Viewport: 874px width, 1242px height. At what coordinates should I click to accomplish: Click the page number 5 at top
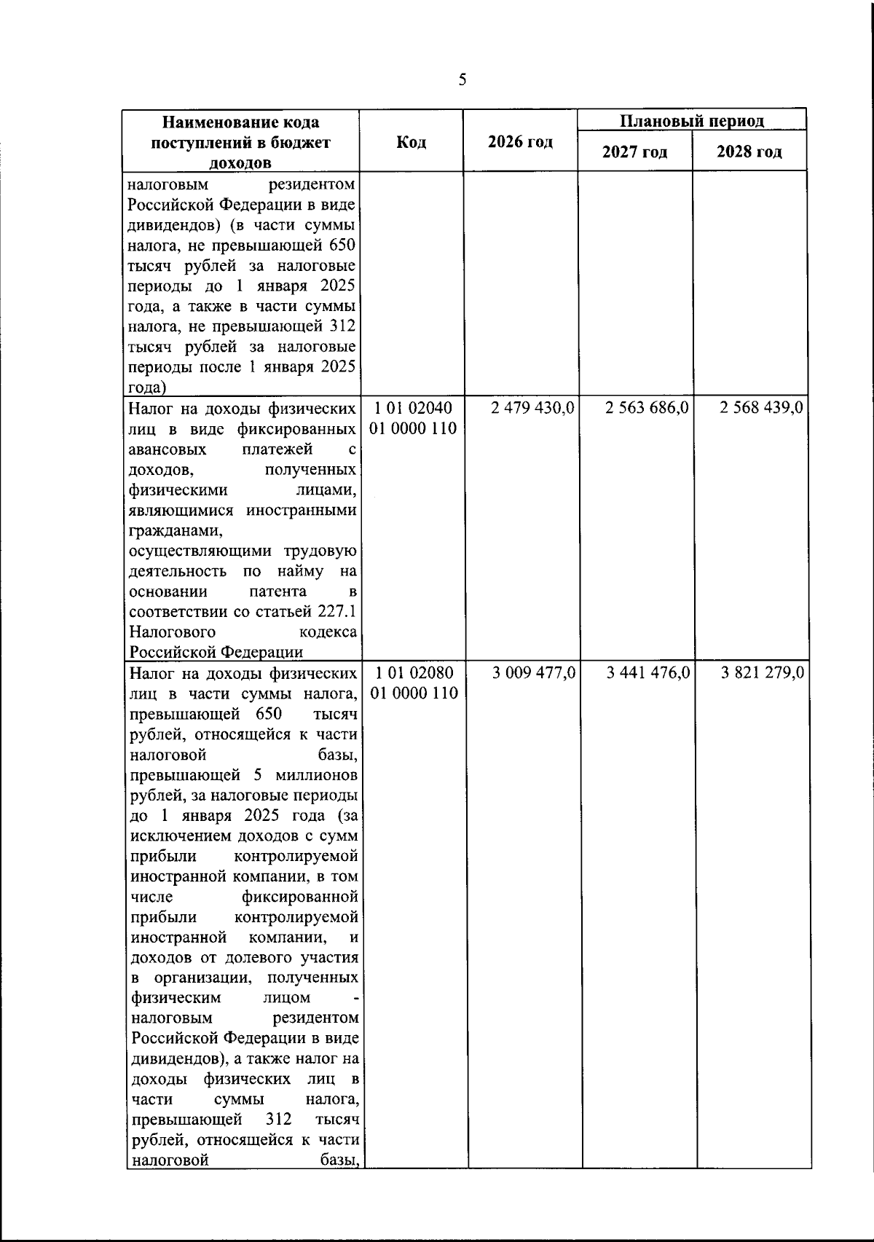[462, 79]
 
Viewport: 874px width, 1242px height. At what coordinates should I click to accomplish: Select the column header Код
[412, 142]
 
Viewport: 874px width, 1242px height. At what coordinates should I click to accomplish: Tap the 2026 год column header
[520, 142]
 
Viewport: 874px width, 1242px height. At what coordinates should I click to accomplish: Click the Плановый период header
[692, 121]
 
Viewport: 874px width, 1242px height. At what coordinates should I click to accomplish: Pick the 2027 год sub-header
[634, 152]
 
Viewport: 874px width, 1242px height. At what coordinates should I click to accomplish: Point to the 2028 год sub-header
[749, 152]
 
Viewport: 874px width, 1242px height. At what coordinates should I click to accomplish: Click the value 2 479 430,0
[534, 408]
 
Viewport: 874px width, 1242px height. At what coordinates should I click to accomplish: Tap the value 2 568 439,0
[762, 408]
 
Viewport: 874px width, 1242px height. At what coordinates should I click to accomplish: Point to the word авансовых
[168, 449]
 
